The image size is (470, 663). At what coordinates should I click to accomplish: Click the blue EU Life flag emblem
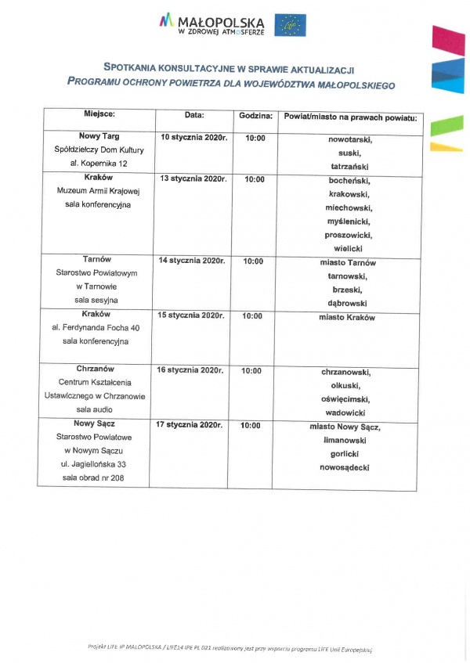(x=290, y=25)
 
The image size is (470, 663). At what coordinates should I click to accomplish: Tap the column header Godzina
(x=255, y=116)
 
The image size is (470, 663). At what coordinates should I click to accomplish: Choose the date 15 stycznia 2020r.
(x=192, y=315)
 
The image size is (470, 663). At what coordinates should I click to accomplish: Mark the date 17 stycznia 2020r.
(x=190, y=425)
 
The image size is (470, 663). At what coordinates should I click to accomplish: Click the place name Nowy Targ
(x=99, y=136)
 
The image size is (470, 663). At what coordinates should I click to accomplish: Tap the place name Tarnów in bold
(x=97, y=259)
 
